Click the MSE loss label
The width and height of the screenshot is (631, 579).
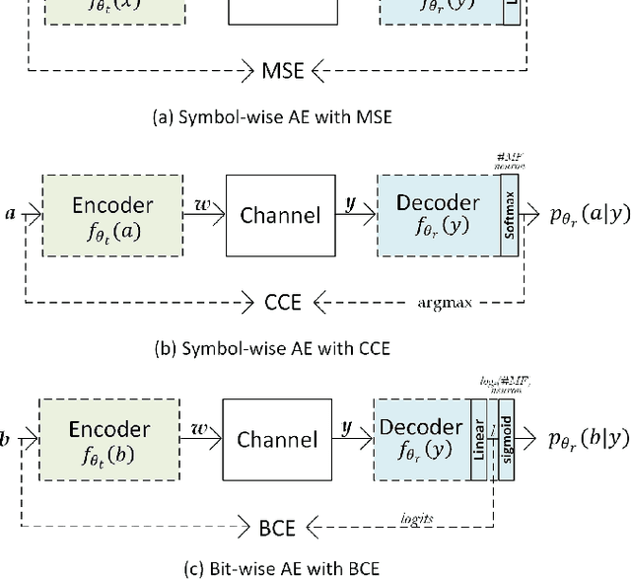coord(285,70)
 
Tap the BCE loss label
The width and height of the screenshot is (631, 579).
coord(277,527)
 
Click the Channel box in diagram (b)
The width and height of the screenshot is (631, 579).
coord(280,214)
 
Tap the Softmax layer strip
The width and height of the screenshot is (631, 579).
coord(508,214)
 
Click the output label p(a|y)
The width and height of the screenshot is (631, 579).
coord(577,214)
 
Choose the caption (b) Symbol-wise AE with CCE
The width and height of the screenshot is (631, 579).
coord(272,348)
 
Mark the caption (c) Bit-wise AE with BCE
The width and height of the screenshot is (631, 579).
coord(267,568)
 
